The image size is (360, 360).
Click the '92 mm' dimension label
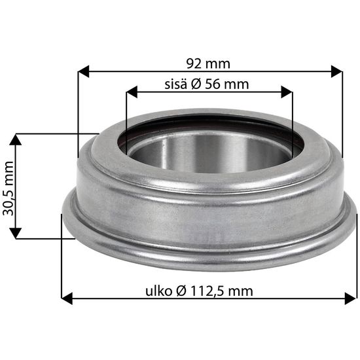point(208,63)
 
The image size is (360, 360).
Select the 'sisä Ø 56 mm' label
point(207,84)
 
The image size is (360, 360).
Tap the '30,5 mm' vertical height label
point(9,189)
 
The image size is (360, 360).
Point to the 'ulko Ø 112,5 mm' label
point(199,291)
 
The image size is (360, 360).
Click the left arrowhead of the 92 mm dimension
point(83,71)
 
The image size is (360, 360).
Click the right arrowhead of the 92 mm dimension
point(337,71)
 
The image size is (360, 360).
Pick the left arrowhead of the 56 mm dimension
point(132,92)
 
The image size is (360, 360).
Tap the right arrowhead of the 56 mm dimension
point(287,92)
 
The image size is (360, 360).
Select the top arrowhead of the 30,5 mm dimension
point(16,139)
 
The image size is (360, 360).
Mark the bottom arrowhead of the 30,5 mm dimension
point(16,233)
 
